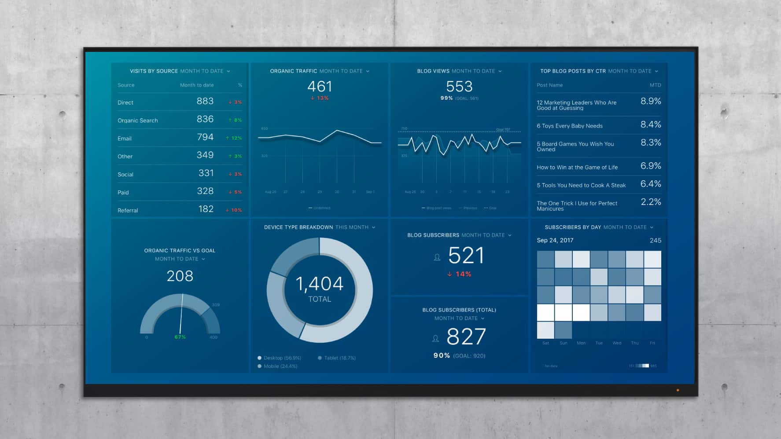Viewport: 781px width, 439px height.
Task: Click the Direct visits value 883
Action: (205, 101)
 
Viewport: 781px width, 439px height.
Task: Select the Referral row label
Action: (128, 211)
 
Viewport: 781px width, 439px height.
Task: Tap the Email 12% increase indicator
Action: (234, 138)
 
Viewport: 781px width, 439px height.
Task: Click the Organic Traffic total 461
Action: (320, 86)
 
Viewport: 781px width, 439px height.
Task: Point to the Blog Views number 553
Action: (459, 86)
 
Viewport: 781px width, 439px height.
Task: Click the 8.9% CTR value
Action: (650, 101)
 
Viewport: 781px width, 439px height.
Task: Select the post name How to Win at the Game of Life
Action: (577, 168)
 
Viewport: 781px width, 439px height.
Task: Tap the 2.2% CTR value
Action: (650, 202)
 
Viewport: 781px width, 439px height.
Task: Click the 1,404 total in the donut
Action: (320, 284)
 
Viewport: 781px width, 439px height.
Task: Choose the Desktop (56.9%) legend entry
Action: (282, 358)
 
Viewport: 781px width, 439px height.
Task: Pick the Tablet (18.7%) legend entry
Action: (339, 358)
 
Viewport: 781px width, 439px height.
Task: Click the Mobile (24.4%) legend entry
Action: (280, 366)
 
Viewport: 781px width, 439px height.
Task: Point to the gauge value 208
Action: (180, 276)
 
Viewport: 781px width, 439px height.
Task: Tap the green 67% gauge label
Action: (180, 337)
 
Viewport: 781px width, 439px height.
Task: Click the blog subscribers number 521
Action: (466, 256)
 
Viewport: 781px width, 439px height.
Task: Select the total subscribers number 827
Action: (466, 337)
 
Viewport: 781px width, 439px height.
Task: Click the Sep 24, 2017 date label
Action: (555, 241)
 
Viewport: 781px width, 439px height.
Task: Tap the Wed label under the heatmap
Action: (617, 343)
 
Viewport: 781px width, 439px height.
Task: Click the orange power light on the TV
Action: (678, 390)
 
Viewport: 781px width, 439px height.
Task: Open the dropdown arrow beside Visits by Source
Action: (228, 71)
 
